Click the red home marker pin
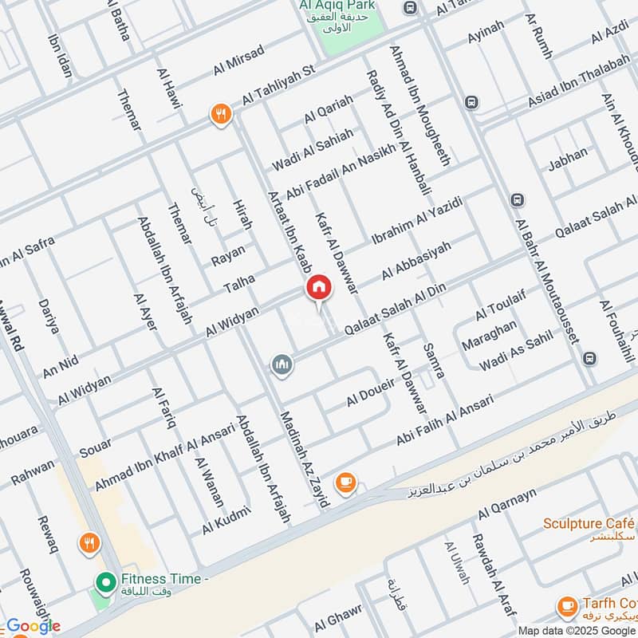(x=318, y=288)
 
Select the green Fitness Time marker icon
(x=104, y=583)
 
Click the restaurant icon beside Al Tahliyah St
(x=220, y=114)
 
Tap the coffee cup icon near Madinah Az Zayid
(x=345, y=481)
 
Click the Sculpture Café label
(x=589, y=523)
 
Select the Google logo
(x=33, y=626)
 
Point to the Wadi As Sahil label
(x=515, y=352)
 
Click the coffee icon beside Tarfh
(x=568, y=606)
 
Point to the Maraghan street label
(x=489, y=336)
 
